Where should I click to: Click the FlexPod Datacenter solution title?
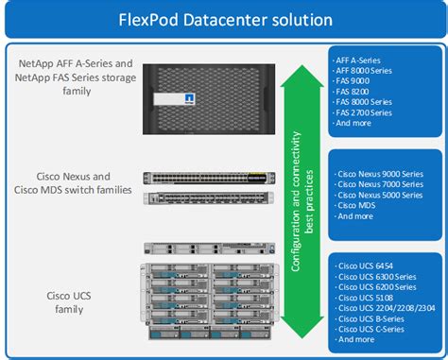[x=224, y=19]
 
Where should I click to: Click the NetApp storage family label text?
[x=76, y=77]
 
